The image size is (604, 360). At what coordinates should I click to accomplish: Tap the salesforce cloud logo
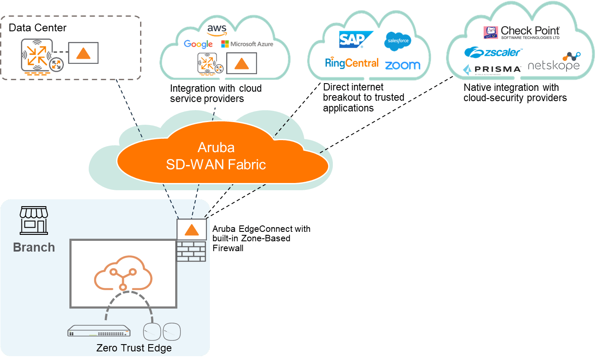(x=398, y=41)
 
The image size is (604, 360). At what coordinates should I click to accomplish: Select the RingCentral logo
(x=352, y=63)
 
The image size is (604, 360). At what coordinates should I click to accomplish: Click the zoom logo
(x=402, y=65)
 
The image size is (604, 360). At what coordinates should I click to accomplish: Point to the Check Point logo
(x=521, y=32)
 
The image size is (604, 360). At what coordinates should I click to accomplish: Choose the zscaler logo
(x=493, y=52)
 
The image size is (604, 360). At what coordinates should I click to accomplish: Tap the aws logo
(x=216, y=29)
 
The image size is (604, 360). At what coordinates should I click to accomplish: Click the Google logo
(x=198, y=44)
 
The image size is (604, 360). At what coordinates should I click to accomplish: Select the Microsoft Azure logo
(x=247, y=44)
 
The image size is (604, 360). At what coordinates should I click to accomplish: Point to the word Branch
(x=34, y=247)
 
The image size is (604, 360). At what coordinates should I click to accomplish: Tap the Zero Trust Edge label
(x=134, y=348)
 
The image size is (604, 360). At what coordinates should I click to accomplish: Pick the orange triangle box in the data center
(x=84, y=53)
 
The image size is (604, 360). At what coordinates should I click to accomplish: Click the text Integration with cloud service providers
(x=216, y=93)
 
